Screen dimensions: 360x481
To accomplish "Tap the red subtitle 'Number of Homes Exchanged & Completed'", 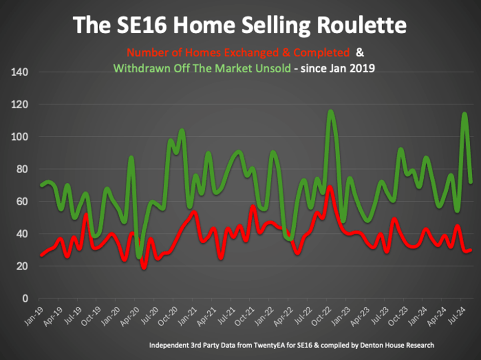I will [x=238, y=52].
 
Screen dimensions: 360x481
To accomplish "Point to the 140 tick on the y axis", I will [x=21, y=72].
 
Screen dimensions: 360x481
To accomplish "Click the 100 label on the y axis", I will [x=21, y=137].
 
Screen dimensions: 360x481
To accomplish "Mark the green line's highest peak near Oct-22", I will [x=331, y=111].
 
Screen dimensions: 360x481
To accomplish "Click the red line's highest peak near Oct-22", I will [x=330, y=187].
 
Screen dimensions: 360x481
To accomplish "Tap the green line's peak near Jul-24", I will [x=465, y=114].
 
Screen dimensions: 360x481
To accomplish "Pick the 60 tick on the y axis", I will [x=23, y=202].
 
